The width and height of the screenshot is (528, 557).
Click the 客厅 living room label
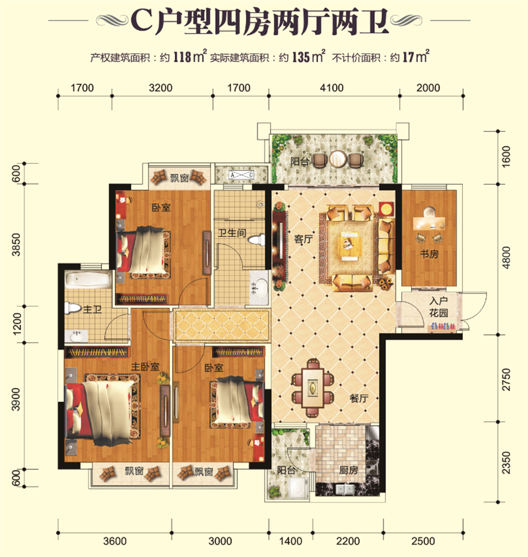click(304, 239)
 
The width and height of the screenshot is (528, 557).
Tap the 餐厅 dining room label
click(359, 398)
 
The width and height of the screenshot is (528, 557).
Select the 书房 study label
click(429, 254)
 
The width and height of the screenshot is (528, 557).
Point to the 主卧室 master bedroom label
click(145, 366)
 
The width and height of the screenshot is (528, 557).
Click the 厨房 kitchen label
click(348, 471)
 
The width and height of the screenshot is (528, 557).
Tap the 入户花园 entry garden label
click(438, 307)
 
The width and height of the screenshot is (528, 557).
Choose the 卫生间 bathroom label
click(232, 233)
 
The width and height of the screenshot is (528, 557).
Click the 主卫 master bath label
click(92, 310)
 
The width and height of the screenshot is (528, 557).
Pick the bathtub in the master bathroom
click(88, 280)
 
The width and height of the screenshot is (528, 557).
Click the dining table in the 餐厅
click(313, 387)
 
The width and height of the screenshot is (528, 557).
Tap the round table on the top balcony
click(337, 159)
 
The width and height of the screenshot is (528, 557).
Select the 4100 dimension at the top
click(331, 88)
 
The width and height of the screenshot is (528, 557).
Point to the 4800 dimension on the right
click(506, 257)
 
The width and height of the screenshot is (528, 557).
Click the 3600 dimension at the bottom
click(115, 541)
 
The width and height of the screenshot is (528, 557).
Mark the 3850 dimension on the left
click(16, 245)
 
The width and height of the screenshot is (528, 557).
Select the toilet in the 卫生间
click(257, 240)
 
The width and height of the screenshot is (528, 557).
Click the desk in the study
click(429, 222)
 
